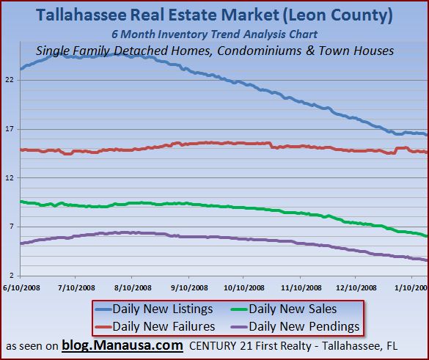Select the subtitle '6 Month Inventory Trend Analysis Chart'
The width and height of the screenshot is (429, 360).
point(214,35)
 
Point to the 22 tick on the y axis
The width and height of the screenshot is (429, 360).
point(10,80)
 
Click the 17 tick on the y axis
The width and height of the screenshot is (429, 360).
point(10,129)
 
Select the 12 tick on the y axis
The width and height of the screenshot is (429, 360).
point(10,178)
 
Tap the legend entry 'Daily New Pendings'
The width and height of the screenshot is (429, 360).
point(302,326)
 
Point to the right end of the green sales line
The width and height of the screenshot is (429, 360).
point(427,235)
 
